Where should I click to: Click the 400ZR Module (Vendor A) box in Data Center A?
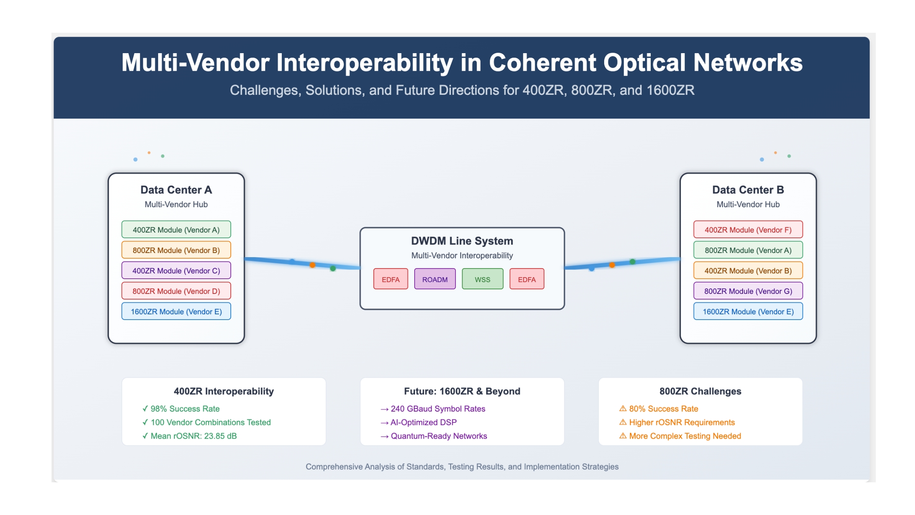176,229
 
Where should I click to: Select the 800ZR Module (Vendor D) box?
176,291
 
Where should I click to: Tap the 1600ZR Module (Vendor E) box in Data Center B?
748,311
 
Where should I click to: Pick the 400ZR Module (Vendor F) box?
748,229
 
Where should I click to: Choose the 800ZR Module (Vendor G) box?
748,291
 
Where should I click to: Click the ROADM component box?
435,279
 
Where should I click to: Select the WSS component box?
482,279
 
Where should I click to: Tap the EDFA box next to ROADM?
391,279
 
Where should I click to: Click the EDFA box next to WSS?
527,279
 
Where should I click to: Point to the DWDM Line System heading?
462,241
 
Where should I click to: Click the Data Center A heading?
176,190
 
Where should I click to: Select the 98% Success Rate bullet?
181,409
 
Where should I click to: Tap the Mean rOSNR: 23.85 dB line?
190,436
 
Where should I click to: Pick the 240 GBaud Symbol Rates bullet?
433,409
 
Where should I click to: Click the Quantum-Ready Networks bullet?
434,436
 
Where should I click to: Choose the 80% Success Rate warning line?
658,409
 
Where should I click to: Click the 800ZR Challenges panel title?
700,391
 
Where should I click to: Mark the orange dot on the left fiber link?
312,265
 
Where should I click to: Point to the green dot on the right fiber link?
632,262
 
